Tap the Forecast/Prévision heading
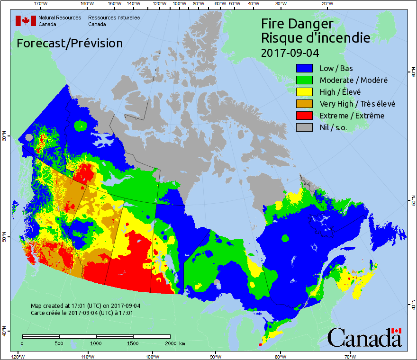tap(70, 43)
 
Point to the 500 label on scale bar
tap(60, 343)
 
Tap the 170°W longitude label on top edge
tap(41, 4)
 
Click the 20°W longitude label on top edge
tap(326, 4)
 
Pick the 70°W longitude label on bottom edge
tap(350, 356)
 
